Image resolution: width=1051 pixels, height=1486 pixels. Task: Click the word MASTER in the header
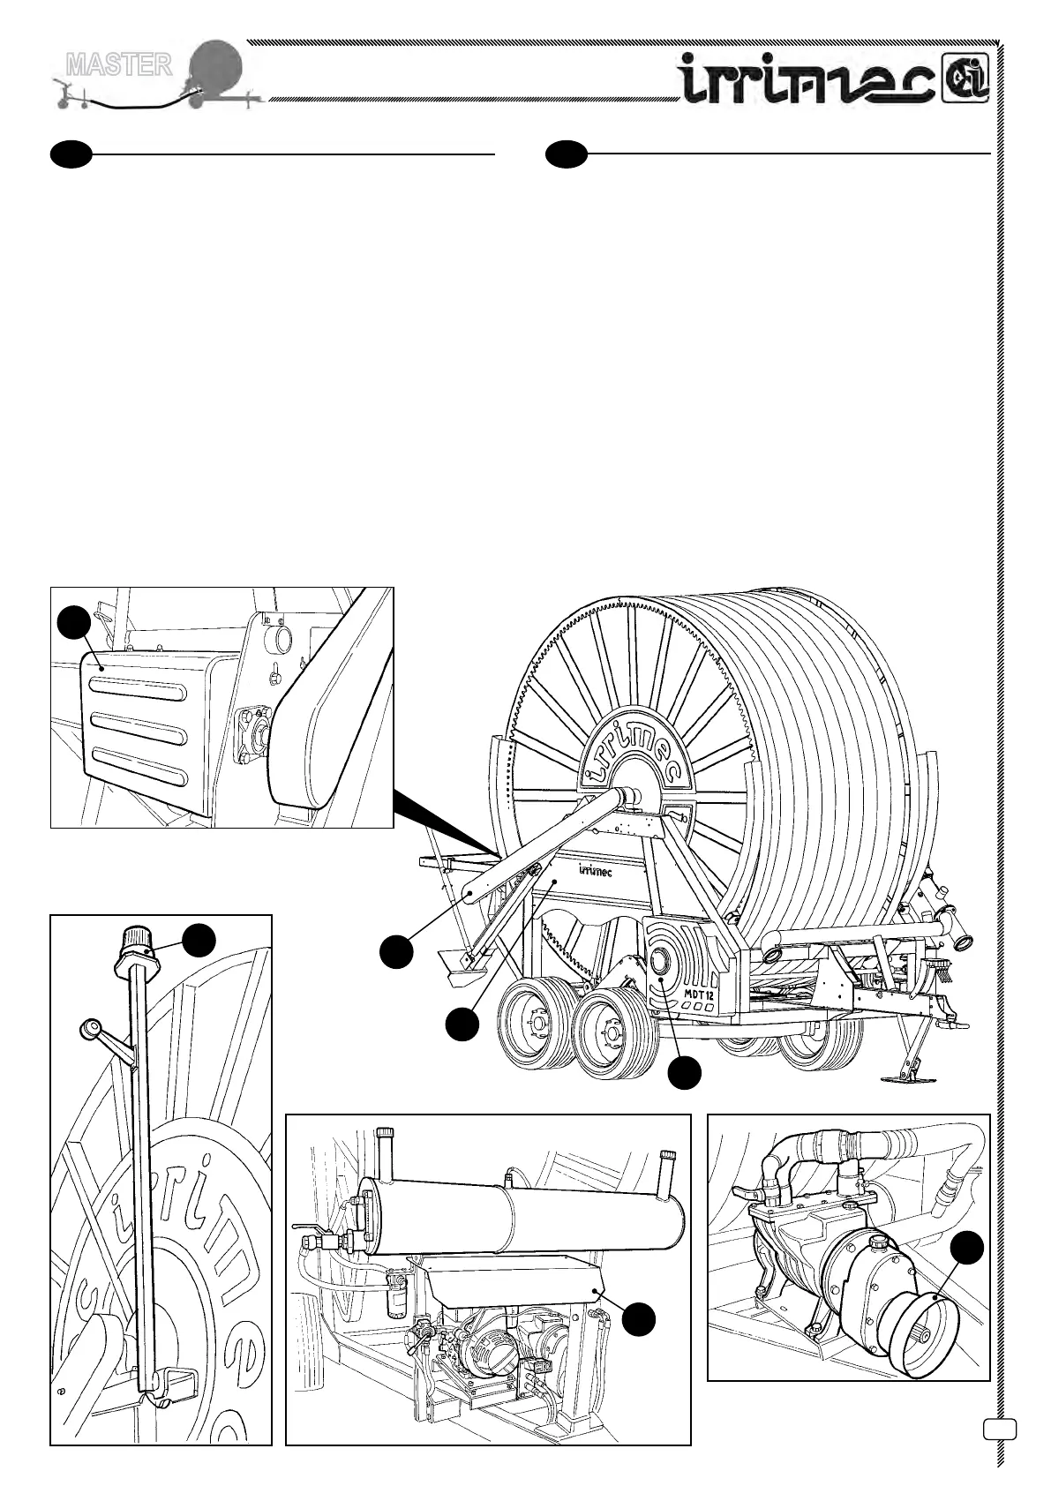click(x=119, y=64)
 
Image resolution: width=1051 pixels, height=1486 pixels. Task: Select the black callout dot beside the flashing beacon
click(x=199, y=940)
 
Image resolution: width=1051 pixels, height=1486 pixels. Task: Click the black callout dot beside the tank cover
click(x=638, y=1318)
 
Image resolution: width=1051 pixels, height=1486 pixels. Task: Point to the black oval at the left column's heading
click(x=71, y=154)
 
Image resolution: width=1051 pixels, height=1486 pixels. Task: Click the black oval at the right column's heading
click(x=566, y=154)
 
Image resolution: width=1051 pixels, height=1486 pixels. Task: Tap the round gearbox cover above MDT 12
click(x=662, y=962)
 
